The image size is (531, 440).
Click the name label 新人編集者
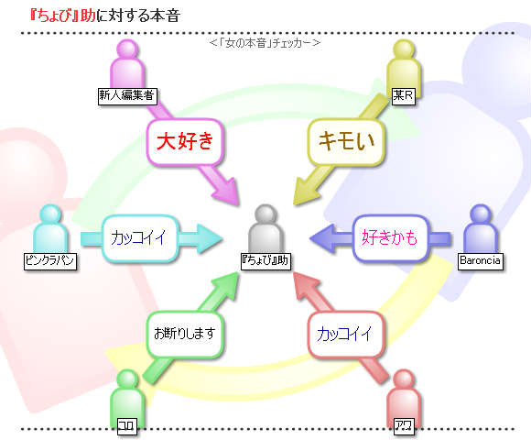127,96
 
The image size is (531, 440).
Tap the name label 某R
403,96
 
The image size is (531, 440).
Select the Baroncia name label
481,261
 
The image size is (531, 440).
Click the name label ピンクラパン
50,261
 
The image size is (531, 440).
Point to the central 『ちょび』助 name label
265,261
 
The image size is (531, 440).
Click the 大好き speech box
185,141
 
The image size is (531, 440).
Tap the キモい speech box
346,141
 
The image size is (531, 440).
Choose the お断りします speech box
185,335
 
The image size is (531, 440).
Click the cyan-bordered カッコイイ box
139,237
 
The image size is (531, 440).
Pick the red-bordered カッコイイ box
346,335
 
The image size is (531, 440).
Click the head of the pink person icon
127,49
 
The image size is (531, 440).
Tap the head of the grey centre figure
265,214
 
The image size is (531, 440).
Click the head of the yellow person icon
404,49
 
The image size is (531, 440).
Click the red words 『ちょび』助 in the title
62,16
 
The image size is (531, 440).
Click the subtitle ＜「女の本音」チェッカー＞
265,43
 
